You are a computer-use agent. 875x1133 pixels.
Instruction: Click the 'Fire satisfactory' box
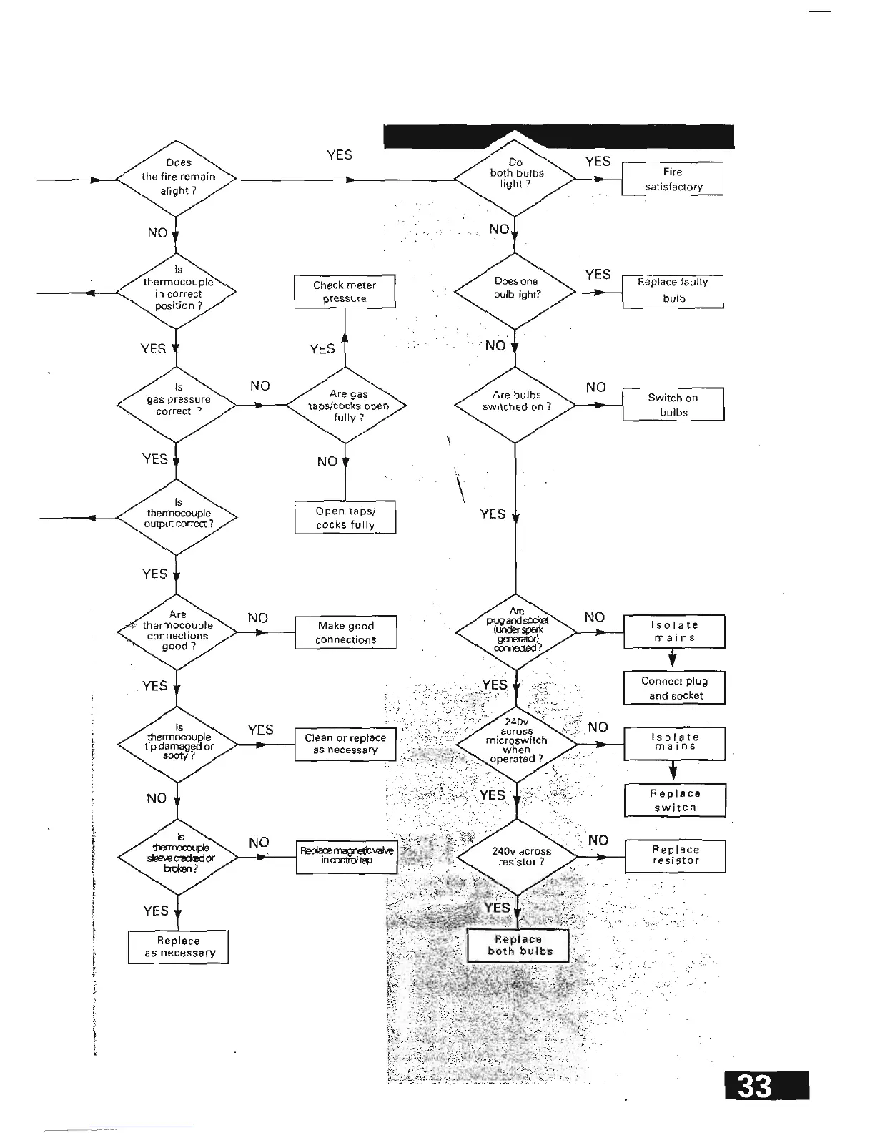coord(673,179)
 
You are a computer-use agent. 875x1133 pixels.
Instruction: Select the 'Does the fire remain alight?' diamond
coord(176,177)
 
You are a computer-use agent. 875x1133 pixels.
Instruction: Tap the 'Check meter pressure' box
coord(345,292)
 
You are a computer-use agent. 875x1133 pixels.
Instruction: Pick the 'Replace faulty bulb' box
coord(673,291)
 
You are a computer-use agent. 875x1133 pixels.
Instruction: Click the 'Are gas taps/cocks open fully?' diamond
coord(347,406)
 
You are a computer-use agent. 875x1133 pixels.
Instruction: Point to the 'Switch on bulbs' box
coord(673,405)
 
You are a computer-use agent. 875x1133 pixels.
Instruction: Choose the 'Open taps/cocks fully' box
coord(345,518)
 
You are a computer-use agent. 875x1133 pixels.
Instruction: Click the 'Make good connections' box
coord(346,633)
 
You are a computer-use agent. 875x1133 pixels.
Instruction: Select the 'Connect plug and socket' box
coord(676,688)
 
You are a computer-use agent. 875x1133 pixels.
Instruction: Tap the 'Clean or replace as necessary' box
coord(345,744)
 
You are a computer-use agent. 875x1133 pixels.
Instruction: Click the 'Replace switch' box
coord(676,800)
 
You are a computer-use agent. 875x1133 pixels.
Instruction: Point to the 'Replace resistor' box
coord(676,856)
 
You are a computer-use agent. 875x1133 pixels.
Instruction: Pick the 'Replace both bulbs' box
coord(519,946)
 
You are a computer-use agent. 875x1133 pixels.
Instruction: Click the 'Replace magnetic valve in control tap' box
coord(347,856)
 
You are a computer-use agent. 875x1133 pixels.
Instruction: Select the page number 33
coord(766,1087)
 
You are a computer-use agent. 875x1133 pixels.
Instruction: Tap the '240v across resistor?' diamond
coord(517,856)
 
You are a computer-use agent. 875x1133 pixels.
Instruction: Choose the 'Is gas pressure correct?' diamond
coord(176,404)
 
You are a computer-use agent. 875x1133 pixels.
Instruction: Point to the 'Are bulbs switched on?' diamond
coord(515,404)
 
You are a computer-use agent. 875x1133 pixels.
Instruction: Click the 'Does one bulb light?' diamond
coord(515,290)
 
